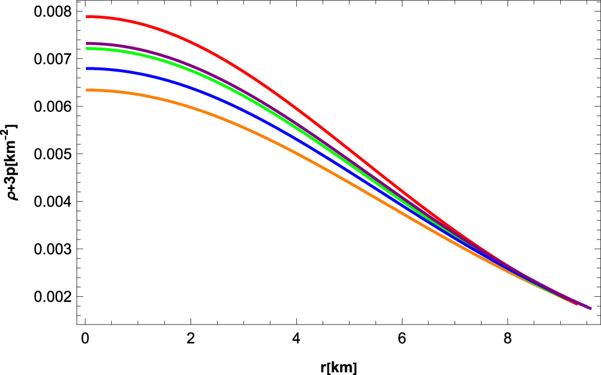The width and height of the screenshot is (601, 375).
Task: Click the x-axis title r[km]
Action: click(x=338, y=367)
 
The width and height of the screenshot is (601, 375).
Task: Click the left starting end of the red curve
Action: click(x=87, y=17)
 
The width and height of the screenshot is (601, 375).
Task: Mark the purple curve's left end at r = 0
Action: click(x=87, y=43)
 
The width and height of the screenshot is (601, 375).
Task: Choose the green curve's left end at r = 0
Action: click(x=87, y=49)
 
